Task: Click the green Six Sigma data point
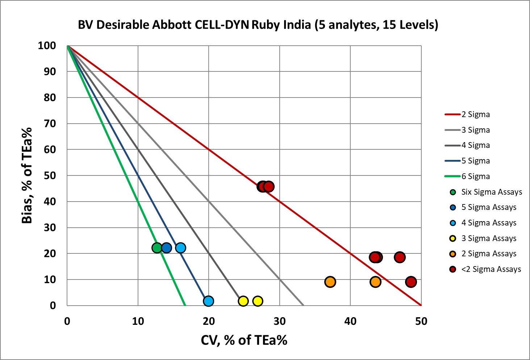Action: pyautogui.click(x=157, y=248)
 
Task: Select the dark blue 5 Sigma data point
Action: pyautogui.click(x=166, y=248)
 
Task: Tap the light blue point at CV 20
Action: pyautogui.click(x=208, y=301)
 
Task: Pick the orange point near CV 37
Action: pyautogui.click(x=330, y=282)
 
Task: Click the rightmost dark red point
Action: pyautogui.click(x=411, y=282)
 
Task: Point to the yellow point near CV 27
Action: pyautogui.click(x=258, y=301)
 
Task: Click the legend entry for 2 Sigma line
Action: pyautogui.click(x=475, y=115)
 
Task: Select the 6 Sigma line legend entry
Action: pyautogui.click(x=475, y=177)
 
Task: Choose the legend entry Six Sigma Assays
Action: pyautogui.click(x=491, y=192)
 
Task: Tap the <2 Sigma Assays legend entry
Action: pyautogui.click(x=491, y=269)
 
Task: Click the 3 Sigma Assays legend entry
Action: pyautogui.click(x=488, y=239)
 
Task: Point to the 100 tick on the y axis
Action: pyautogui.click(x=47, y=46)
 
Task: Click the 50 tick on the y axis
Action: pyautogui.click(x=50, y=175)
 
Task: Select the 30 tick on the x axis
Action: pyautogui.click(x=279, y=321)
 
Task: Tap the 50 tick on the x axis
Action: pyautogui.click(x=421, y=321)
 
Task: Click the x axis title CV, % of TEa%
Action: pyautogui.click(x=244, y=340)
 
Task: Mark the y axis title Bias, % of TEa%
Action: pyautogui.click(x=27, y=175)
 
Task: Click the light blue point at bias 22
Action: pyautogui.click(x=180, y=248)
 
